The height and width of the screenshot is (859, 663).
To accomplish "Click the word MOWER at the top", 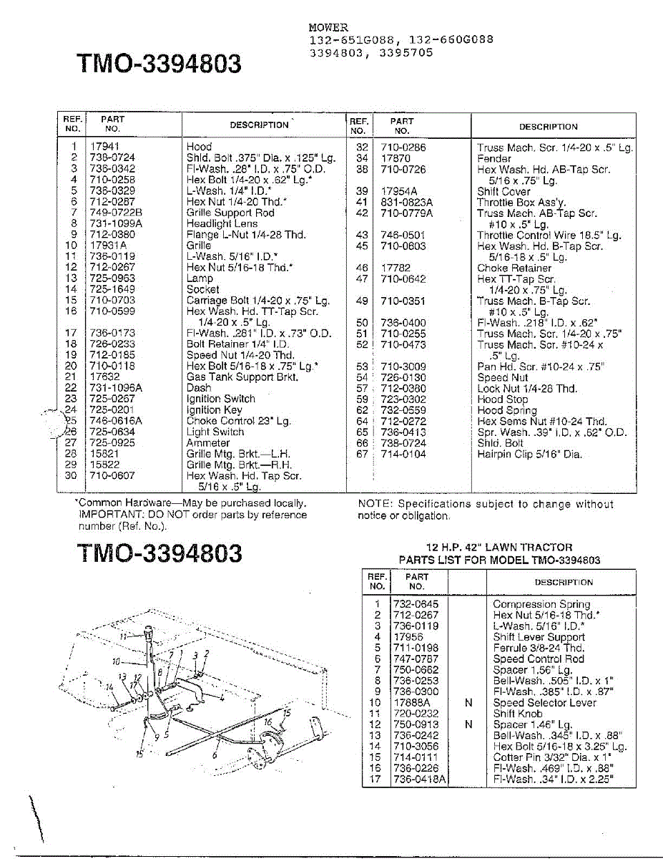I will click(x=328, y=28).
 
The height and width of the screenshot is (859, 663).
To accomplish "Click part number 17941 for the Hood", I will click(x=104, y=147).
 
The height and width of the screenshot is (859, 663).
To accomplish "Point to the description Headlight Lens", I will click(x=222, y=223).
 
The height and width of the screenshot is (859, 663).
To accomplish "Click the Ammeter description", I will click(x=208, y=443).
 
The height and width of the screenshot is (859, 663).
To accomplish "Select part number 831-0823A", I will click(x=406, y=203).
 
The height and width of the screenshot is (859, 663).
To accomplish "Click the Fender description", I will click(x=494, y=159).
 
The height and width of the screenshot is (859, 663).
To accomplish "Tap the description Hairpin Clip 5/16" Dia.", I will click(x=529, y=454).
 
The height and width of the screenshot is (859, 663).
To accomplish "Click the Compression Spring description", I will click(x=541, y=604).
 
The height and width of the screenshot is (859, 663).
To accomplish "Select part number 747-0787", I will click(x=415, y=659).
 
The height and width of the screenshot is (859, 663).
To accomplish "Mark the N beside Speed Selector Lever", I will click(x=468, y=703).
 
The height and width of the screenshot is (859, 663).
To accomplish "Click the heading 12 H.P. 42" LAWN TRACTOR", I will click(x=499, y=548).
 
